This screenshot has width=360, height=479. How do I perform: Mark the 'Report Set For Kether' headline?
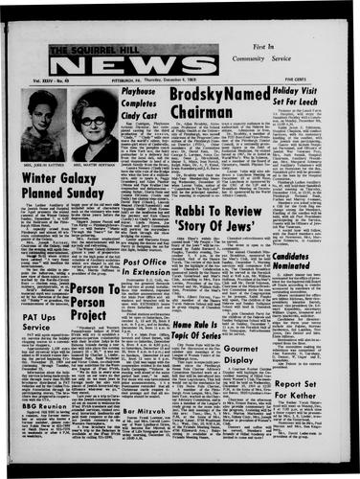click(x=324, y=416)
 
